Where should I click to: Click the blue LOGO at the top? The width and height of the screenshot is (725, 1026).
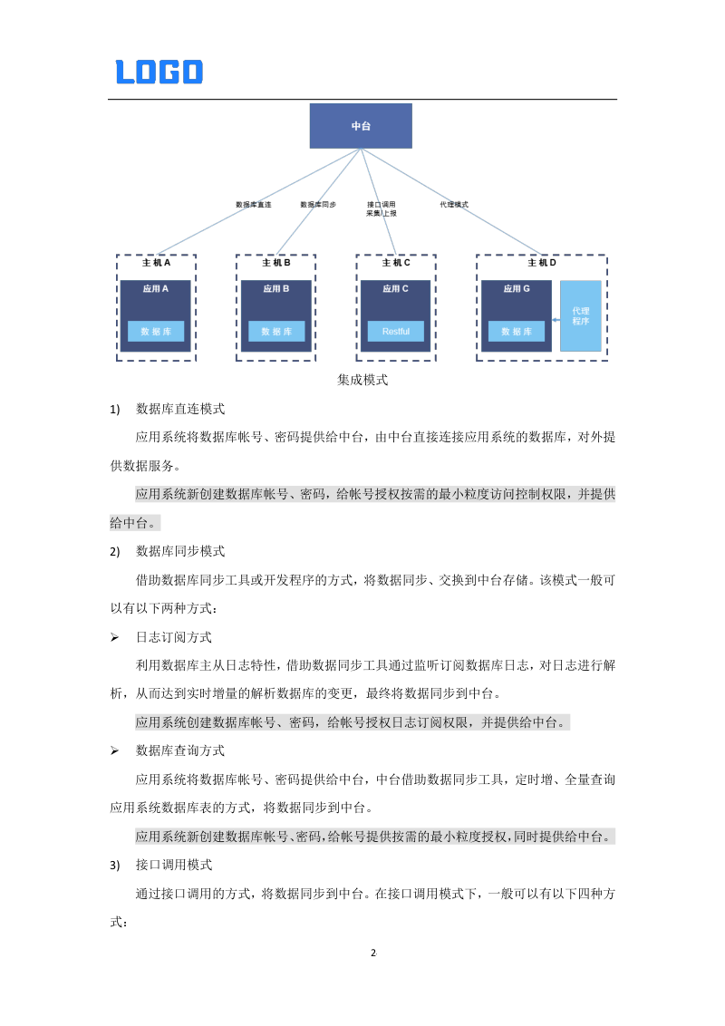tap(159, 72)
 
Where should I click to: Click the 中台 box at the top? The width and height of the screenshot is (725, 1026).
tap(361, 126)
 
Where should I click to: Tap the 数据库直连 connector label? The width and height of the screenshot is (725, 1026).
tap(253, 205)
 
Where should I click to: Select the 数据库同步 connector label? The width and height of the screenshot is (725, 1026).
tap(318, 205)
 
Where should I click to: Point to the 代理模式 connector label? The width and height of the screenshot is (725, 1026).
tap(453, 205)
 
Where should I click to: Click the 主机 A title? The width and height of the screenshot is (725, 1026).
tap(156, 263)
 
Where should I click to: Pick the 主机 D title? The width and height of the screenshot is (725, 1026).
tap(541, 263)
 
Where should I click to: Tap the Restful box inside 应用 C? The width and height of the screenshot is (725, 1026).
tap(395, 332)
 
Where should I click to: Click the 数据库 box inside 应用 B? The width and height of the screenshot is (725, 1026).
tap(276, 332)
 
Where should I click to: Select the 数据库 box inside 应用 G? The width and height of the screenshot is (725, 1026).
tap(516, 332)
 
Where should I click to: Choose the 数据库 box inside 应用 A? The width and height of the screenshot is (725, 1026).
tap(156, 332)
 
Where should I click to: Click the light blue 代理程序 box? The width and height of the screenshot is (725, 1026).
tap(581, 315)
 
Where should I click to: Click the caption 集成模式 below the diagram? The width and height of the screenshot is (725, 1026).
tap(362, 380)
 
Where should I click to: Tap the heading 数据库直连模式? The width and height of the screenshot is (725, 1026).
tap(180, 409)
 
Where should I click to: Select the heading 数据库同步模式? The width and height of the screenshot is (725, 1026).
tap(180, 551)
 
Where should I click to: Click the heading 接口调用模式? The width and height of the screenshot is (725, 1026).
tap(174, 866)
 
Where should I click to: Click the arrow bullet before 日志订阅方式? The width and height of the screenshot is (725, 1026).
tap(114, 637)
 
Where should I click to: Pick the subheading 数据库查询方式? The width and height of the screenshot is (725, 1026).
tap(180, 750)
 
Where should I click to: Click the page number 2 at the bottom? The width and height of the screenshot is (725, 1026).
tap(373, 953)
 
